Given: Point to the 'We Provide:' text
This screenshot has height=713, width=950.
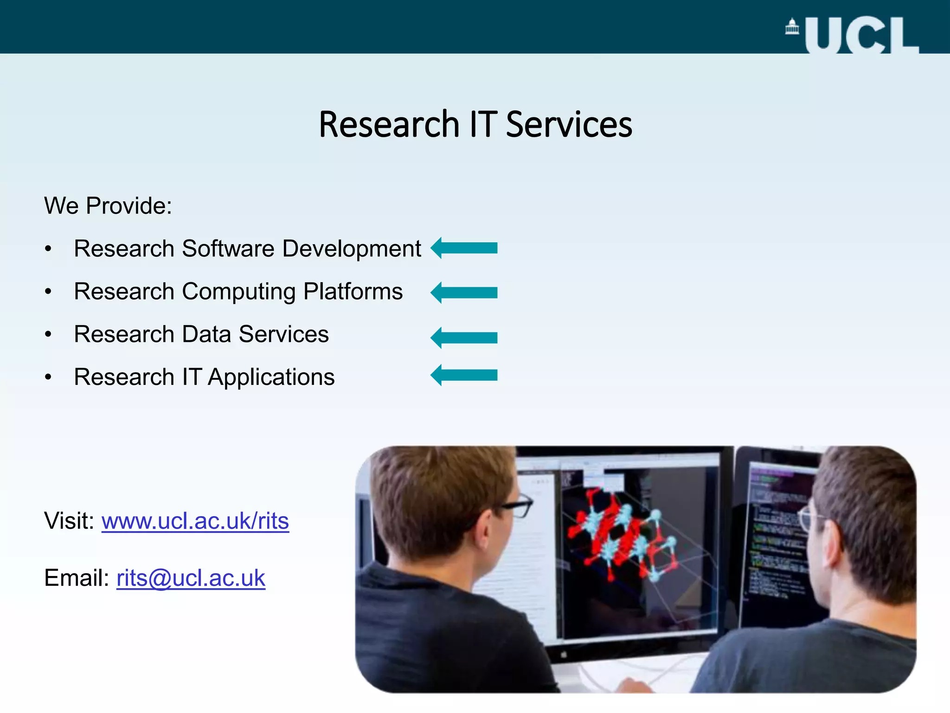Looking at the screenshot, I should pyautogui.click(x=108, y=206).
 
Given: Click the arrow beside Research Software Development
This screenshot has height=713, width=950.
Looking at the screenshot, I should pyautogui.click(x=464, y=248).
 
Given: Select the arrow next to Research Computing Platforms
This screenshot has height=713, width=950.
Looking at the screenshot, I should pyautogui.click(x=464, y=292).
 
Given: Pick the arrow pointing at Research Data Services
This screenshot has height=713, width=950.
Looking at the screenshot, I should pyautogui.click(x=464, y=337).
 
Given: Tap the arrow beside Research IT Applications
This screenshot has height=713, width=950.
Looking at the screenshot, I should pyautogui.click(x=464, y=375).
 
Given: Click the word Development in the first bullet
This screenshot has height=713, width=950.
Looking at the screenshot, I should pyautogui.click(x=352, y=249).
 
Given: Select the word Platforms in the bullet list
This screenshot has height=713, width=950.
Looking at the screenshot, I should pyautogui.click(x=353, y=292).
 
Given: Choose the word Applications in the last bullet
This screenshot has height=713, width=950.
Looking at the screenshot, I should pyautogui.click(x=271, y=377).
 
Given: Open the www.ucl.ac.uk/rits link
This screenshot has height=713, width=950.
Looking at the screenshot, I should pyautogui.click(x=195, y=521).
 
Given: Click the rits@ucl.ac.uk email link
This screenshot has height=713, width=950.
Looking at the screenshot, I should pyautogui.click(x=191, y=578).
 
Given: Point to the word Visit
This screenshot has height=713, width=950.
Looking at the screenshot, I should pyautogui.click(x=69, y=521).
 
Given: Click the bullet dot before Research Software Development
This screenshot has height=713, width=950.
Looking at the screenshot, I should pyautogui.click(x=48, y=249).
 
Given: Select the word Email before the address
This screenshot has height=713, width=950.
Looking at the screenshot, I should pyautogui.click(x=76, y=578).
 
